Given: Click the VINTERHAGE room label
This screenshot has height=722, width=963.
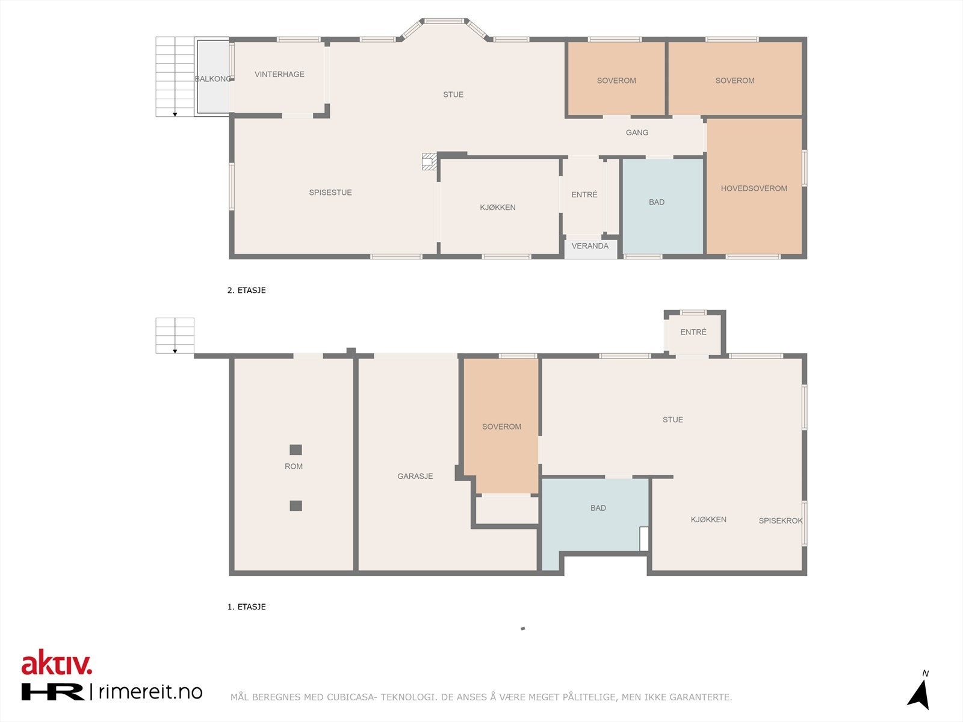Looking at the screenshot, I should [x=279, y=75].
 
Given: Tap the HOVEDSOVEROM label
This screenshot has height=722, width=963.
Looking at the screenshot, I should [x=754, y=188].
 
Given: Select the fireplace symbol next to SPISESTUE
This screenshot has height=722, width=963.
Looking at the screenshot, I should [x=429, y=162].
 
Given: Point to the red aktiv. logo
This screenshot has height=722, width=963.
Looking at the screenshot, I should [x=57, y=662].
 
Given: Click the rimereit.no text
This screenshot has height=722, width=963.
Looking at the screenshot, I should [x=150, y=692].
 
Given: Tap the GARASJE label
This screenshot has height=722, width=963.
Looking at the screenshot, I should [x=415, y=476].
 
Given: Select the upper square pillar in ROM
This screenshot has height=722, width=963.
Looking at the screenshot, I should [x=296, y=449].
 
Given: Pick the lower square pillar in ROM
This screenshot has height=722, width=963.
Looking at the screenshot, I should [x=296, y=505].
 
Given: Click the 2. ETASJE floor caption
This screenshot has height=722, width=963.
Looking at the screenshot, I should [x=246, y=290].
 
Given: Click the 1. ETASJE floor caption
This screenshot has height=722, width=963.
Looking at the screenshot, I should [x=246, y=606].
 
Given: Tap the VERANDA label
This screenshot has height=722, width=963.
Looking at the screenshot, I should [x=590, y=246].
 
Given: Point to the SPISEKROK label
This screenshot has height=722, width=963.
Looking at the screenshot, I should [x=780, y=520].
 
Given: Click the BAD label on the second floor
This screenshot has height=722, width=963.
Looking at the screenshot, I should [x=657, y=202].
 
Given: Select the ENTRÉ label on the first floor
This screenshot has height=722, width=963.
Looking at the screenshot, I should [x=693, y=332].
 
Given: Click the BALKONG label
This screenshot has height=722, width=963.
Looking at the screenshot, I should [x=212, y=79].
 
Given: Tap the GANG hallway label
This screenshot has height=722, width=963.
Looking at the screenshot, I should [x=637, y=132].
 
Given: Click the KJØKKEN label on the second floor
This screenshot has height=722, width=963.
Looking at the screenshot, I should [x=497, y=207].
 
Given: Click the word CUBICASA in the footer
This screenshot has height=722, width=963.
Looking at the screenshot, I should [x=351, y=697].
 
